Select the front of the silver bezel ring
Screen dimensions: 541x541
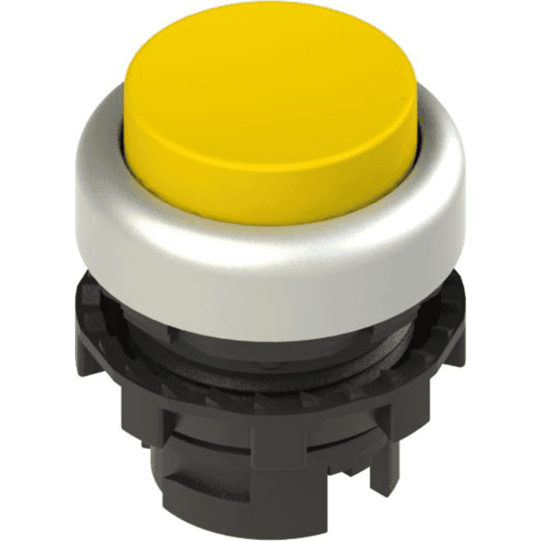[270, 270]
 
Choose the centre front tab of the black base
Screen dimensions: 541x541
[270, 451]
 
